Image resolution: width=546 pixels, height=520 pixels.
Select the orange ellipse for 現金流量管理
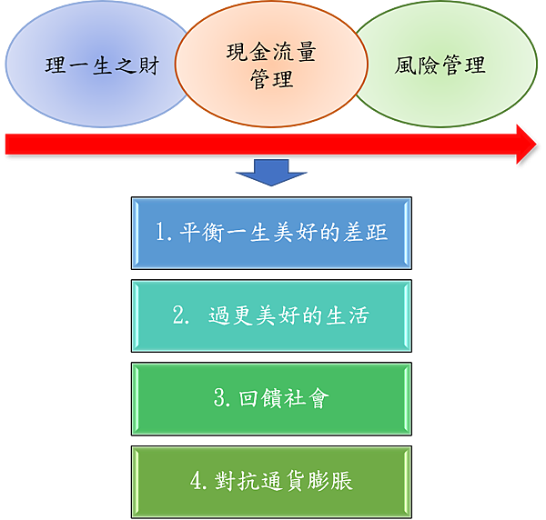tap(271, 65)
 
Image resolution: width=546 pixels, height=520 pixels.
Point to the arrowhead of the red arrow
tap(526, 144)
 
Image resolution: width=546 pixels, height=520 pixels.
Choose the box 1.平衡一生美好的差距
tap(271, 233)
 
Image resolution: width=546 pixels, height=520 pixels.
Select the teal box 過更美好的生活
tap(271, 315)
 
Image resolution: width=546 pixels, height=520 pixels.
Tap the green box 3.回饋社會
tap(271, 398)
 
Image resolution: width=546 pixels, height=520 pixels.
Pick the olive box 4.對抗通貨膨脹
tap(271, 480)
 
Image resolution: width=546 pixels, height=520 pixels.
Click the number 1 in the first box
tap(160, 233)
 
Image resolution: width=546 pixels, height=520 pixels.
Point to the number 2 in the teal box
tap(179, 315)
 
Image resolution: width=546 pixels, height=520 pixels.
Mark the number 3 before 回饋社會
tap(219, 398)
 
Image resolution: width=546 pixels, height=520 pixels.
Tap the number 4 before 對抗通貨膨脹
tap(196, 480)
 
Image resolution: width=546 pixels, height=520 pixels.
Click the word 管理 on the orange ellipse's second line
tap(271, 79)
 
